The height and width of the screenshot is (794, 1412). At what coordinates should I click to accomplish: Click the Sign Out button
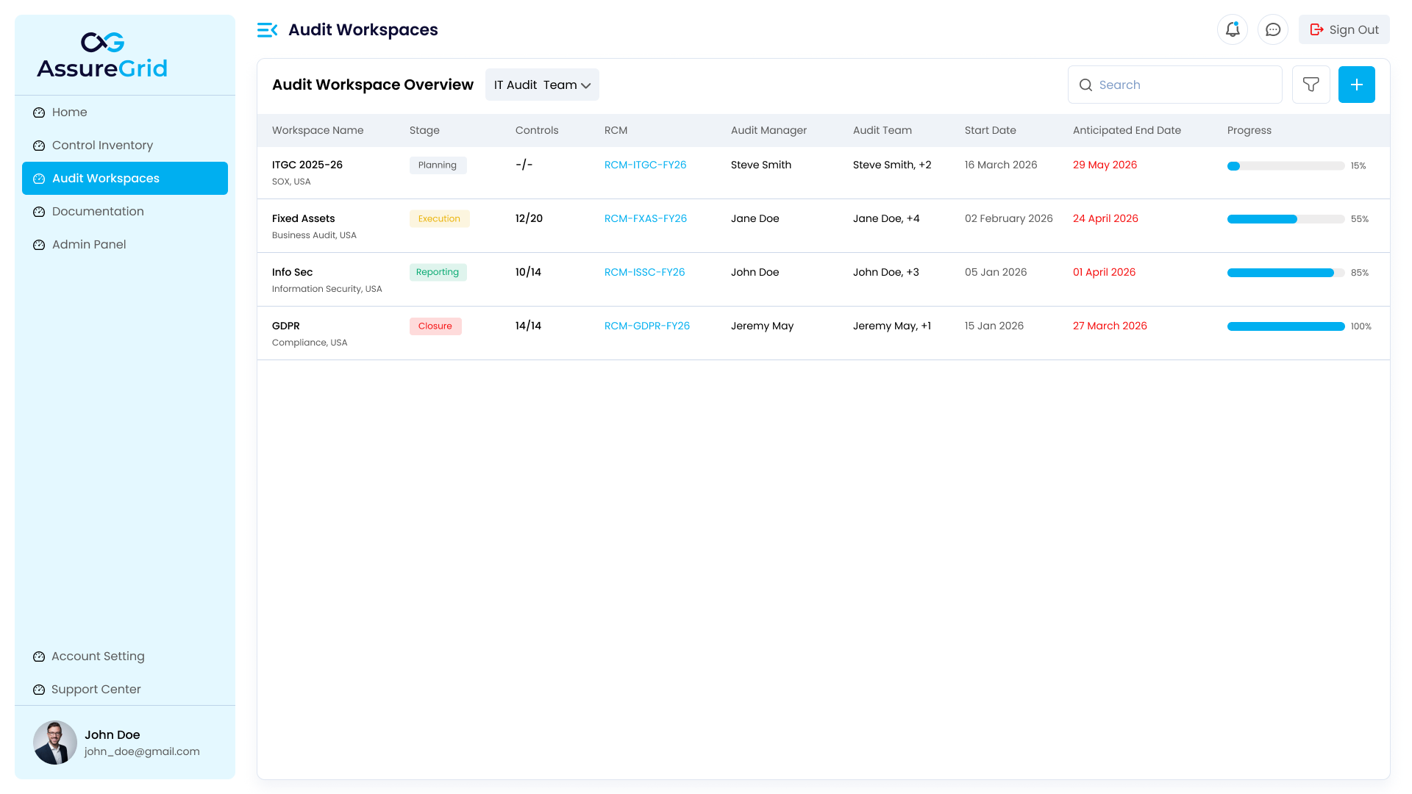click(x=1344, y=29)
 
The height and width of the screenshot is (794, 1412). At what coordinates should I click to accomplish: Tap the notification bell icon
click(x=1233, y=29)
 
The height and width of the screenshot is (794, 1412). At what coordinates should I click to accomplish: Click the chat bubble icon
click(x=1273, y=29)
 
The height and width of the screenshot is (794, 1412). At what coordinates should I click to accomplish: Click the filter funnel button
click(x=1311, y=85)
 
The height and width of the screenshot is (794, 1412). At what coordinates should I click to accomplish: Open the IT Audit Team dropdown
click(x=542, y=85)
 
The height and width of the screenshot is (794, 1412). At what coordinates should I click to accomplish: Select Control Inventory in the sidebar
click(x=102, y=145)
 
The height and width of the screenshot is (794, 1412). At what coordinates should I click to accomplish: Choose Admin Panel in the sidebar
click(x=89, y=244)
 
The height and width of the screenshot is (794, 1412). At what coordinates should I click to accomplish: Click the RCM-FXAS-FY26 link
click(x=645, y=218)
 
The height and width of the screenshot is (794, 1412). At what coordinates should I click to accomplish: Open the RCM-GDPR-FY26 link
click(x=646, y=326)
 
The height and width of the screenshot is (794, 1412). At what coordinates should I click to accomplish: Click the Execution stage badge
click(x=439, y=218)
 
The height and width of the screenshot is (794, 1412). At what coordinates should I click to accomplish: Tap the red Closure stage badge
click(x=435, y=326)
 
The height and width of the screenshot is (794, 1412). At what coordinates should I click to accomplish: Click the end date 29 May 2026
click(x=1105, y=165)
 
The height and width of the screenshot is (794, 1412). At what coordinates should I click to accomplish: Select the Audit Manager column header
click(x=769, y=130)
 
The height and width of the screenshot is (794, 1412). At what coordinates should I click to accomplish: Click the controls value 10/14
click(x=528, y=272)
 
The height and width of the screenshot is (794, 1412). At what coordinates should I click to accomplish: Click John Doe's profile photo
click(x=55, y=743)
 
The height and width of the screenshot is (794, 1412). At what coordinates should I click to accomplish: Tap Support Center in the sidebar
click(x=96, y=689)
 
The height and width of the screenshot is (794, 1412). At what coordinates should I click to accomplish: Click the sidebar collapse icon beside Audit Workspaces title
click(x=267, y=29)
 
